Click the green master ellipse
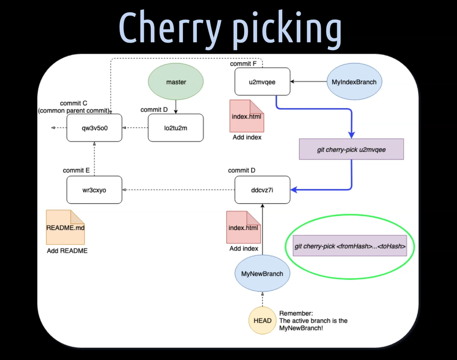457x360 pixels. click(176, 82)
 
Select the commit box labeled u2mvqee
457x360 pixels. click(262, 82)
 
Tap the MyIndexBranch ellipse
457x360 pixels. click(354, 82)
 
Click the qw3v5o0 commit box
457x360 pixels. click(94, 128)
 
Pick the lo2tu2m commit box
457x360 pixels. click(176, 128)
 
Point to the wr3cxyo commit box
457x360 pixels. click(94, 190)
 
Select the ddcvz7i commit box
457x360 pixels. click(262, 190)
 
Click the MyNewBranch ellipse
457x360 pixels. click(262, 273)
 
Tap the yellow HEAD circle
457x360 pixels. click(263, 321)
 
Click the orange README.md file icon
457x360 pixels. click(65, 227)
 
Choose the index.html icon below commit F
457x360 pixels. click(246, 116)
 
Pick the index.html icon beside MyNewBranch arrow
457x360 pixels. click(243, 227)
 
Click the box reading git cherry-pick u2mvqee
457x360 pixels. click(352, 149)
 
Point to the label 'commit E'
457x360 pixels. click(76, 170)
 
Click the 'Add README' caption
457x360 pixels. click(67, 251)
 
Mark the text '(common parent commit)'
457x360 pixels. click(73, 111)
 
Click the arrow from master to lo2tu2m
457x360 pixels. click(176, 106)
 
